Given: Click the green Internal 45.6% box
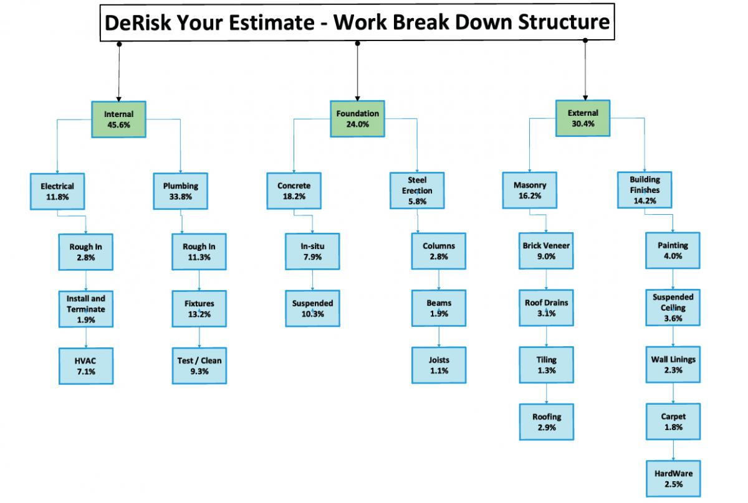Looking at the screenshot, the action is pyautogui.click(x=118, y=120).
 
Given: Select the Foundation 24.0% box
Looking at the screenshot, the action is pyautogui.click(x=357, y=119).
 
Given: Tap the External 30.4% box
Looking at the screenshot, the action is pyautogui.click(x=583, y=118).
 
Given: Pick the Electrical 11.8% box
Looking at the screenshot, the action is pyautogui.click(x=57, y=192).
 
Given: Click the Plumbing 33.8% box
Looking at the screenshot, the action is pyautogui.click(x=180, y=191).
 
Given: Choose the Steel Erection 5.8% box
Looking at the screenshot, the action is pyautogui.click(x=417, y=190).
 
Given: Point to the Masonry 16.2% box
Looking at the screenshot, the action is pyautogui.click(x=530, y=190).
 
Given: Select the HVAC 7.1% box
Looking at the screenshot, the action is pyautogui.click(x=86, y=366).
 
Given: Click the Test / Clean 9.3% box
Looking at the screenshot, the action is pyautogui.click(x=199, y=365).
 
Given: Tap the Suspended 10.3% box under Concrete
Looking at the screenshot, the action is pyautogui.click(x=312, y=308).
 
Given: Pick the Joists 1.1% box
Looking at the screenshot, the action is pyautogui.click(x=439, y=365).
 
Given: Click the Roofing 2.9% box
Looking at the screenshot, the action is pyautogui.click(x=547, y=422).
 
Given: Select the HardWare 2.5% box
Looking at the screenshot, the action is pyautogui.click(x=673, y=479).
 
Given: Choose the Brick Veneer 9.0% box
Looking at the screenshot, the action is pyautogui.click(x=546, y=251).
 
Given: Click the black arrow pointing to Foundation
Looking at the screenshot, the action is pyautogui.click(x=357, y=72).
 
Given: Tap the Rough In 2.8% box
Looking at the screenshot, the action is pyautogui.click(x=86, y=252).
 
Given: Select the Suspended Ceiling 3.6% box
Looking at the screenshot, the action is pyautogui.click(x=673, y=308).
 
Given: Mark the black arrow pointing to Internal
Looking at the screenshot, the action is pyautogui.click(x=119, y=72).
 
